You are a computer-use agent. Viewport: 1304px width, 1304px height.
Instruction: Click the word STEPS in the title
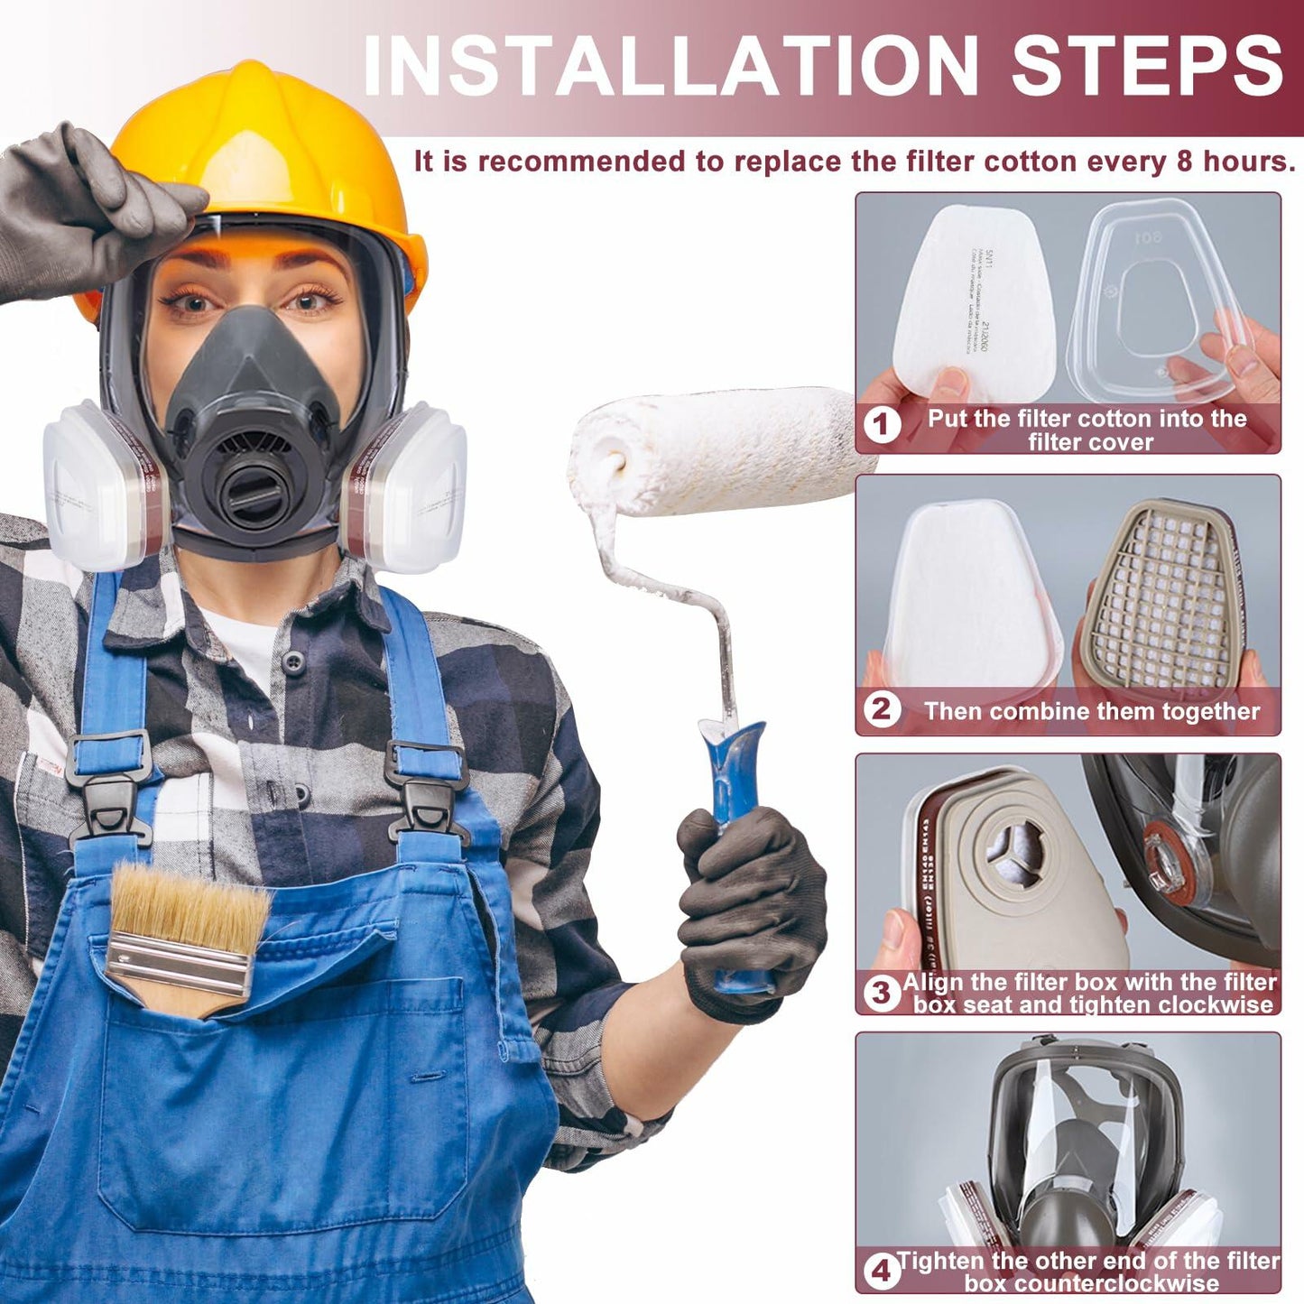[1146, 65]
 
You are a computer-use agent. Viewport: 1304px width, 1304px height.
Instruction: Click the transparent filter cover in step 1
[1164, 298]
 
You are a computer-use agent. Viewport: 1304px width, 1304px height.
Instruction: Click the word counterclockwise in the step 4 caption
[1092, 1284]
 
